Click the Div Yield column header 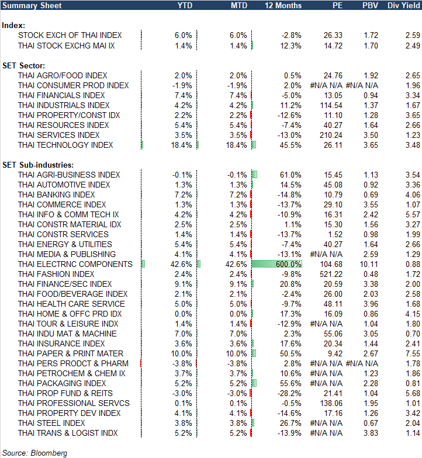pos(403,5)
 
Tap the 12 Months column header pos(283,5)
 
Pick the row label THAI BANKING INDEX pos(57,195)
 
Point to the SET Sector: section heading pos(24,65)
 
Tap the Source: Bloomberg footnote pos(34,453)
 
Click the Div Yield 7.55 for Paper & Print pos(412,353)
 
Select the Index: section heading pos(13,26)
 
